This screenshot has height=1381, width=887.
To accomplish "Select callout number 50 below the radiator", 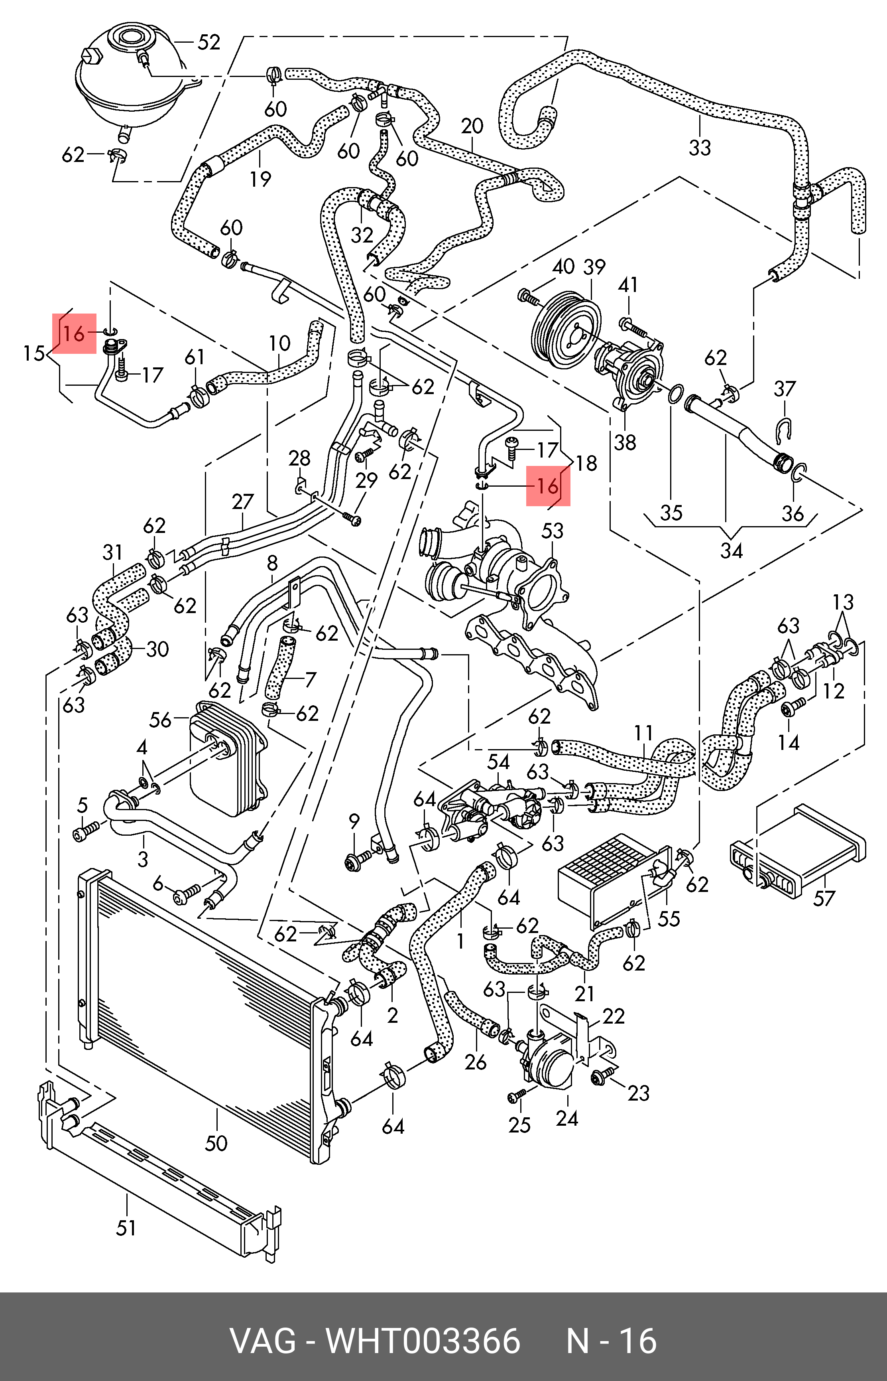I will [216, 1143].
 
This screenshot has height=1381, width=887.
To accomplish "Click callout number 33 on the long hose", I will [700, 148].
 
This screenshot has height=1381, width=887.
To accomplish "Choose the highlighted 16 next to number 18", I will [547, 485].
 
